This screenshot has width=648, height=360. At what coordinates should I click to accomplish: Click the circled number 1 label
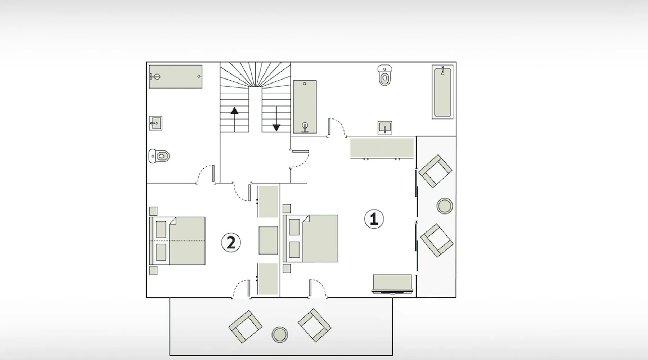(374, 219)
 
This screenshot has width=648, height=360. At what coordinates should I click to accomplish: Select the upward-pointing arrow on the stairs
(234, 120)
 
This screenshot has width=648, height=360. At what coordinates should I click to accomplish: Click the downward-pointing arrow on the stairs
(276, 119)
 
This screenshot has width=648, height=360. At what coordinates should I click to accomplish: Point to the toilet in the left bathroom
(159, 156)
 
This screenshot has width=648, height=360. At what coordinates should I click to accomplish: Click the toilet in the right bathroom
(385, 76)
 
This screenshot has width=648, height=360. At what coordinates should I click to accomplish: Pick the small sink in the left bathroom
(156, 123)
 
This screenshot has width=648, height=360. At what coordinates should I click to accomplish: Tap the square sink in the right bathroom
(385, 127)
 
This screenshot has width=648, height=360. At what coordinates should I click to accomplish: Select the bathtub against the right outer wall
(442, 92)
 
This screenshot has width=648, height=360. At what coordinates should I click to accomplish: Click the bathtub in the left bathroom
(176, 76)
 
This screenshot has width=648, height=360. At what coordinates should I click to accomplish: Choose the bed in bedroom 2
(177, 241)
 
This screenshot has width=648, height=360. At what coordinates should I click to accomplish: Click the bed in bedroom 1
(310, 238)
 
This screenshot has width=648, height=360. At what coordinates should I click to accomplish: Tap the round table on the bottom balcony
(279, 334)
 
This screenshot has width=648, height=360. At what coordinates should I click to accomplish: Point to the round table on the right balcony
(445, 206)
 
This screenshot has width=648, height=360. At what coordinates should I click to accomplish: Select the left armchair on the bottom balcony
(245, 327)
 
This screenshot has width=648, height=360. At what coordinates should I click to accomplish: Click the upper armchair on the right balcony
(435, 171)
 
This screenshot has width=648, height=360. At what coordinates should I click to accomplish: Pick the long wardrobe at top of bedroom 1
(382, 148)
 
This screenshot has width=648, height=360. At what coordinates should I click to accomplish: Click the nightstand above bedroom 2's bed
(153, 211)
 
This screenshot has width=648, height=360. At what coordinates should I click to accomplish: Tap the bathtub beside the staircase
(305, 107)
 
